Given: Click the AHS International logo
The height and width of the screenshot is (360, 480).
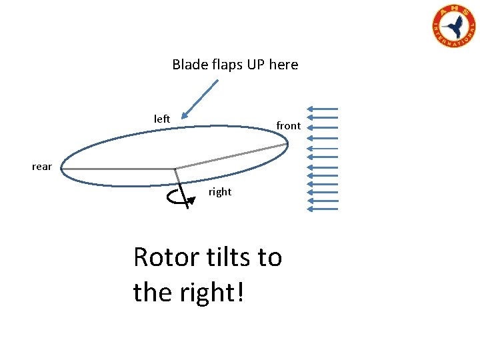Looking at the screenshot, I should point(454,27).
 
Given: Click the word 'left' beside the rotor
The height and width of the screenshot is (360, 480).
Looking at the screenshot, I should point(162,119).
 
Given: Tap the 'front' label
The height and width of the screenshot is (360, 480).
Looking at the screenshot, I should point(288,126).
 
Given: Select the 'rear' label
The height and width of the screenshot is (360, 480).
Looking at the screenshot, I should point(41,167).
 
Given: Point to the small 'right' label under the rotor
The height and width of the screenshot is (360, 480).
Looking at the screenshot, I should point(220,192).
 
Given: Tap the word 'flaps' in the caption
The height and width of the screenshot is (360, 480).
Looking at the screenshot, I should point(221,65).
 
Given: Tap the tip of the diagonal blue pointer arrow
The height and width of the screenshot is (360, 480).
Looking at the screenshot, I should point(182,117).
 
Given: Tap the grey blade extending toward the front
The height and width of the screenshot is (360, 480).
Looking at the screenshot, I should point(230,157).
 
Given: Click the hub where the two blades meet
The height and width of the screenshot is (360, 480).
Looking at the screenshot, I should point(175,169).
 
